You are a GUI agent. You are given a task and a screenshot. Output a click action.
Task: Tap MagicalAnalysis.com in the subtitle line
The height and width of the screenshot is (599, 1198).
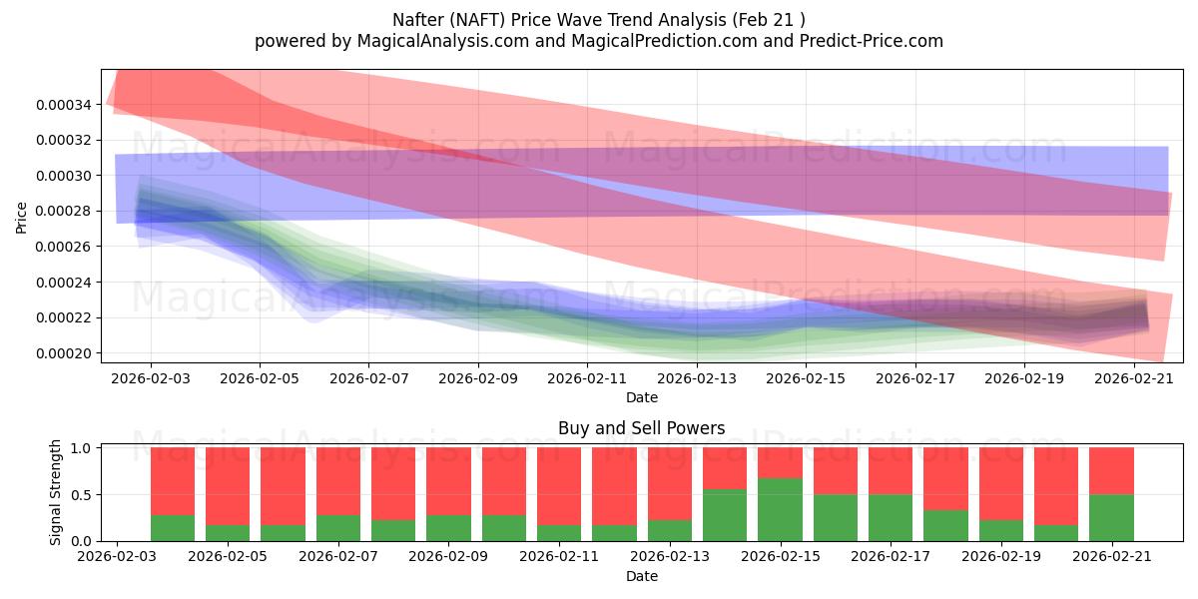point(443,41)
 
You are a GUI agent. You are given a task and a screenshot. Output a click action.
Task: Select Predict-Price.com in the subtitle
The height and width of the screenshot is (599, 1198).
point(872,41)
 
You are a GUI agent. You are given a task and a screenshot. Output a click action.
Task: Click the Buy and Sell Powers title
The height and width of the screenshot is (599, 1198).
point(642,428)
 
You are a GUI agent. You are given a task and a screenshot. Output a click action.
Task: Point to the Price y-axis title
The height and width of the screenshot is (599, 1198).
point(21,219)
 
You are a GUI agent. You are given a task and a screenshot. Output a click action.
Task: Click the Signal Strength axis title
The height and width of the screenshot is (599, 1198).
point(55,492)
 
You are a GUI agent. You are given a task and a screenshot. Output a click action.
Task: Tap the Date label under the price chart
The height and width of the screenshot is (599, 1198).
point(642,397)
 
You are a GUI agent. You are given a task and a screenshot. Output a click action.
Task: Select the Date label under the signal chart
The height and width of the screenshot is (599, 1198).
point(642,576)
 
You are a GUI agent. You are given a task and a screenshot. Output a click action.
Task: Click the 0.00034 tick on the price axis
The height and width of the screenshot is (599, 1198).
point(63,105)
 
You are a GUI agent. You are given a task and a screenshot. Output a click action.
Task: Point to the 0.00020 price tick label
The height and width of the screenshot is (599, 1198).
point(63,353)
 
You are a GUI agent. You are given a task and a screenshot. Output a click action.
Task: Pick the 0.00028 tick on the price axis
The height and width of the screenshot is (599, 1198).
point(63,212)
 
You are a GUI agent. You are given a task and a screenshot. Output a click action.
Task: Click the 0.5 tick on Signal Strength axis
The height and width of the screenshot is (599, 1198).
point(80,495)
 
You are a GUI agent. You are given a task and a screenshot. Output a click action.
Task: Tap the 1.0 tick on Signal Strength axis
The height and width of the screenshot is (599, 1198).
point(80,447)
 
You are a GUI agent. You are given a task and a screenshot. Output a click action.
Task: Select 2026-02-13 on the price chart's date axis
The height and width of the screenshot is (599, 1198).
point(697,378)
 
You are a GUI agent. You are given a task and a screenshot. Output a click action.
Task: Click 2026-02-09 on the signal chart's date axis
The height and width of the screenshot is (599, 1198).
point(448,556)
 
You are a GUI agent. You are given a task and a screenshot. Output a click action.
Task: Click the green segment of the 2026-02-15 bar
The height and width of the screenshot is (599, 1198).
point(781,510)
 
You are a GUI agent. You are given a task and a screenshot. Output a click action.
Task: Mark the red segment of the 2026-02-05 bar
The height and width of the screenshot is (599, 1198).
point(228,486)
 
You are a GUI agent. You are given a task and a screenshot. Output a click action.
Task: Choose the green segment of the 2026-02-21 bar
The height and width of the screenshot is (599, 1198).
point(1112,518)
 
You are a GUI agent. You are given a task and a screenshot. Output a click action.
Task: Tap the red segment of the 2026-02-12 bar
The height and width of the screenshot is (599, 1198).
point(615,486)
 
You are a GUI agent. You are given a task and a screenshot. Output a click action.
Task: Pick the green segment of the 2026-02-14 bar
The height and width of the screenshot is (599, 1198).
point(725,515)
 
